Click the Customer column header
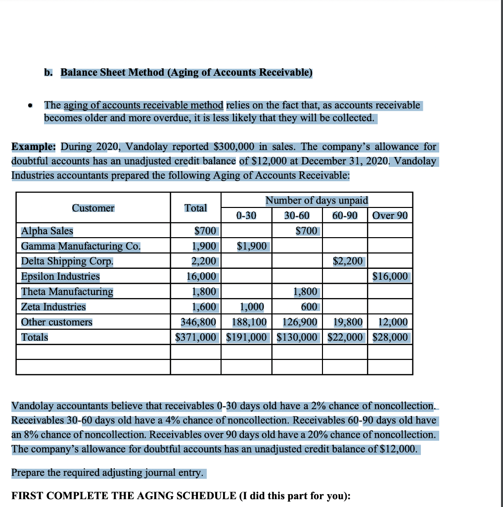click(x=93, y=208)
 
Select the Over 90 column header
click(x=390, y=215)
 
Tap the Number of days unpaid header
click(x=317, y=201)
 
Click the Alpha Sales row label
click(x=47, y=231)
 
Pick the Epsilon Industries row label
click(x=60, y=276)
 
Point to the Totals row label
click(x=35, y=337)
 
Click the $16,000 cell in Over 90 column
click(x=390, y=276)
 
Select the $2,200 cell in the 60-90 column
click(x=348, y=261)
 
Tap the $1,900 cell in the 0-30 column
click(x=252, y=246)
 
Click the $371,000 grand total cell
click(x=196, y=337)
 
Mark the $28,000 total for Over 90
click(x=390, y=337)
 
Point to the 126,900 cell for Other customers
click(x=300, y=322)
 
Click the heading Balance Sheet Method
click(x=186, y=72)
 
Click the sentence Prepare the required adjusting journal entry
click(x=107, y=472)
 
